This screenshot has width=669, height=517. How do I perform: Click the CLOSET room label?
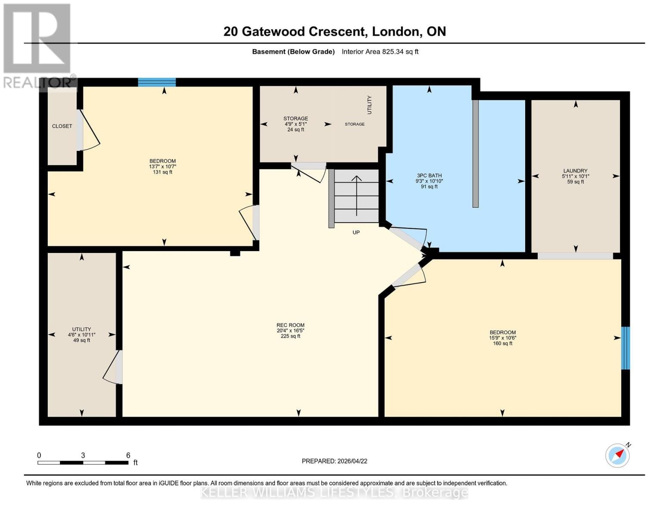point(62,126)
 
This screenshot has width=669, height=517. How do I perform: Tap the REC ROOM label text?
point(290,325)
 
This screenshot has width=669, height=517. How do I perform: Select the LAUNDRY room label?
point(575,171)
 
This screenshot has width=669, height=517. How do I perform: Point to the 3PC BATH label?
point(429,176)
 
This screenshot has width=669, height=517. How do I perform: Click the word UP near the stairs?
point(356,233)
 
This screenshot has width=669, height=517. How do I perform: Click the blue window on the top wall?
point(157,82)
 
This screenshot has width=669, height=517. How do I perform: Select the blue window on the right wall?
point(625,348)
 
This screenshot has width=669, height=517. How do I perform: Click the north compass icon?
point(617,455)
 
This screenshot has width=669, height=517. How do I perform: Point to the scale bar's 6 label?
point(128,455)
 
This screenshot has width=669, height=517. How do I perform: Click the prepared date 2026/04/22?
point(352,461)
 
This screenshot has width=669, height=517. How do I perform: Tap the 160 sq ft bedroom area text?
point(502,343)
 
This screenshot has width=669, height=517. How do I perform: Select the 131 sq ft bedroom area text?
point(162,172)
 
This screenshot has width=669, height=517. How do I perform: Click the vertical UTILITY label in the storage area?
point(369,105)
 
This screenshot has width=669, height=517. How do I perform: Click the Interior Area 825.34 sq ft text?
point(380,52)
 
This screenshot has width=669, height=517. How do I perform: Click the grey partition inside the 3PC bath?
point(475,154)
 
